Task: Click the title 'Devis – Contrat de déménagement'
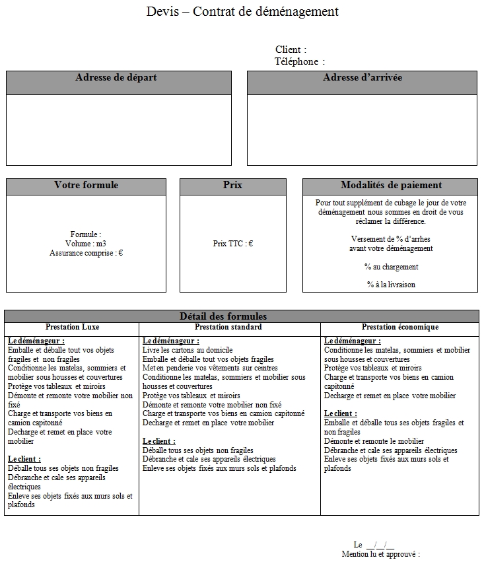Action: click(242, 11)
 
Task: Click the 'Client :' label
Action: click(291, 50)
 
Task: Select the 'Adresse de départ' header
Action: click(116, 78)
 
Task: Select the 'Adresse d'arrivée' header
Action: click(363, 78)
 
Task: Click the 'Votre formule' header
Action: click(86, 186)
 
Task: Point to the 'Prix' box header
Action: click(232, 186)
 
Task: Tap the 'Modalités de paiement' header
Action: click(391, 186)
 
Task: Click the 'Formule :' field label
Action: click(86, 234)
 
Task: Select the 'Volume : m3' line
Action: click(86, 244)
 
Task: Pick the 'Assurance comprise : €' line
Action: click(86, 253)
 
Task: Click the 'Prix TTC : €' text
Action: click(232, 244)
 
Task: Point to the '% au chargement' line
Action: click(391, 267)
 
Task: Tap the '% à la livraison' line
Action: click(391, 285)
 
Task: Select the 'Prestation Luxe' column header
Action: click(72, 327)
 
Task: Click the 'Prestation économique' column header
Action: click(399, 327)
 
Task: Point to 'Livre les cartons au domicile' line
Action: click(188, 350)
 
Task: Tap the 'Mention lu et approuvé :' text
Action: click(380, 554)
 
